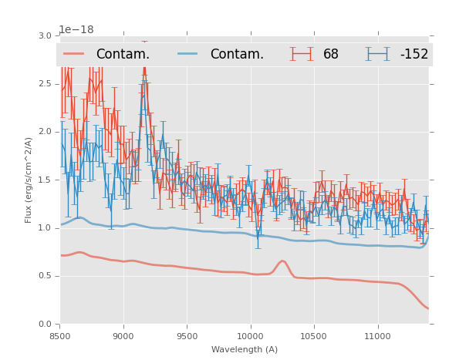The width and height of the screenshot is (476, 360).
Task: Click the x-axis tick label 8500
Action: (x=60, y=336)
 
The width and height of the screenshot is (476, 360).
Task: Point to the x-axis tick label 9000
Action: (x=123, y=336)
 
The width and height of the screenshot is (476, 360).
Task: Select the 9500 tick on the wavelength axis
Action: (x=187, y=336)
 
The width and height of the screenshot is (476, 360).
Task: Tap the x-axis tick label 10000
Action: (x=250, y=336)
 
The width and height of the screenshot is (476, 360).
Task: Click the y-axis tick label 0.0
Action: (x=45, y=325)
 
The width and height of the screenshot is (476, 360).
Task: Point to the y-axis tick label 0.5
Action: (x=45, y=276)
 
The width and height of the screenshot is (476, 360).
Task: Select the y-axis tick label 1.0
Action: (x=45, y=228)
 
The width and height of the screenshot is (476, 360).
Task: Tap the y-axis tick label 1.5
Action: (x=45, y=180)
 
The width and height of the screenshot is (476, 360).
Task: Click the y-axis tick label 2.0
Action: (x=45, y=132)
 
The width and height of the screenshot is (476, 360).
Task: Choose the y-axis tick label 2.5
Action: (x=45, y=83)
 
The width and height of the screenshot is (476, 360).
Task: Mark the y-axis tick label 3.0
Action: (x=45, y=35)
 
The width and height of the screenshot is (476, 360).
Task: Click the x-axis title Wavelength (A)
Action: (x=245, y=350)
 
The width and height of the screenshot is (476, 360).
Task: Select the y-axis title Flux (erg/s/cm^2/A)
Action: (x=29, y=180)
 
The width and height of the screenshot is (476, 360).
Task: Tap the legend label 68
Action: (x=331, y=54)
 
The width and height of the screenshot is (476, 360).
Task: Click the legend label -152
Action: (x=414, y=54)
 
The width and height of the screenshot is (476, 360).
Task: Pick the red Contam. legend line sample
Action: (x=74, y=54)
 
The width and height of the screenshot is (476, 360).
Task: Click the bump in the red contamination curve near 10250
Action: (x=282, y=261)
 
